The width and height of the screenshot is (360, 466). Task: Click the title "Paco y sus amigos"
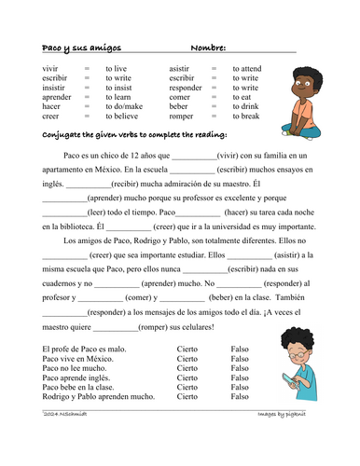click(x=82, y=48)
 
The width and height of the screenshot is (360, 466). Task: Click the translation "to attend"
click(x=248, y=70)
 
